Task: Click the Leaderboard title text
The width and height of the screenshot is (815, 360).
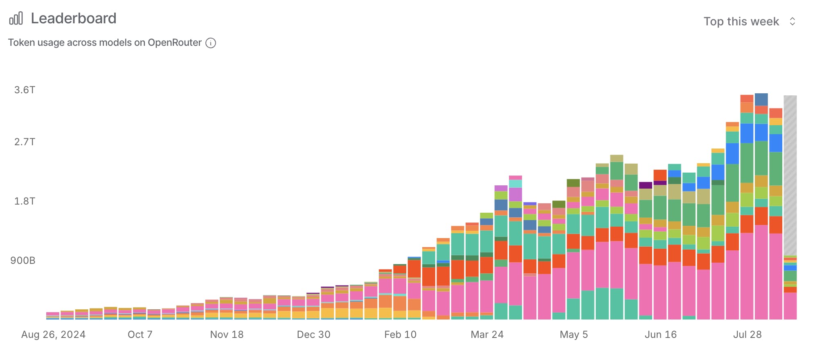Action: pos(74,18)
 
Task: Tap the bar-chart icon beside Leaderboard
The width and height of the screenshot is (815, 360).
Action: pos(16,18)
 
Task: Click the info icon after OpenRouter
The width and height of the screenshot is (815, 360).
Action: pos(211,43)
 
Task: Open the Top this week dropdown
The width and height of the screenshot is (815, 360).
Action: pos(741,21)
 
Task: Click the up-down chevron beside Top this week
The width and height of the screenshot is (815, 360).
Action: pos(792,21)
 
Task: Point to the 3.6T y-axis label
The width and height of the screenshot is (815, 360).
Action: pos(25,90)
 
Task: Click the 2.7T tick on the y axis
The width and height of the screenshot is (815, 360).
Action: pos(25,142)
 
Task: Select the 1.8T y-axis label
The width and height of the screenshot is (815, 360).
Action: pos(25,201)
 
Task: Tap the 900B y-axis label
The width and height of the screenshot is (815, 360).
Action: pos(23,261)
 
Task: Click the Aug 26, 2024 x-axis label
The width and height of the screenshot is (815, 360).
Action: pos(53,335)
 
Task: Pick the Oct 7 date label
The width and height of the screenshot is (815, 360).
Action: pos(140,335)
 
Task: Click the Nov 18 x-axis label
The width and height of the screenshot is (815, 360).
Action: pos(227,335)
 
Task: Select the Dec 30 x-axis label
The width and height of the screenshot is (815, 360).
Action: pos(313,335)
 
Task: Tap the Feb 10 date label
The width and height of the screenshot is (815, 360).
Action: pos(400,335)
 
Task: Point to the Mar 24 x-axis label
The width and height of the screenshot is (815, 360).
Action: pos(487,335)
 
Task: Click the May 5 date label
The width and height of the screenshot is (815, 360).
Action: pos(574,335)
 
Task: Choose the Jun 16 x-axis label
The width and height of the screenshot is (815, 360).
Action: pos(661,335)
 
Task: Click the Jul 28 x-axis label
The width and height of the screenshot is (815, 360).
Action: pos(747,335)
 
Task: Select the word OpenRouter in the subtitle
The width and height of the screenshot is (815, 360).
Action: pos(175,43)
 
